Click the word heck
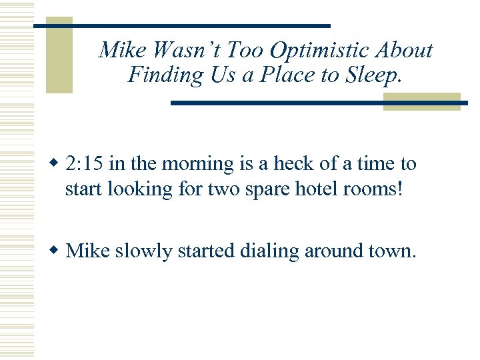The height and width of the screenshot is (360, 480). pos(273,164)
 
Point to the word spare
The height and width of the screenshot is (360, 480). pos(257,189)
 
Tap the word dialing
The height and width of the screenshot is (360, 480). pos(267,251)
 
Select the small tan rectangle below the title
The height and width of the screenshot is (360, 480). pos(421,101)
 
